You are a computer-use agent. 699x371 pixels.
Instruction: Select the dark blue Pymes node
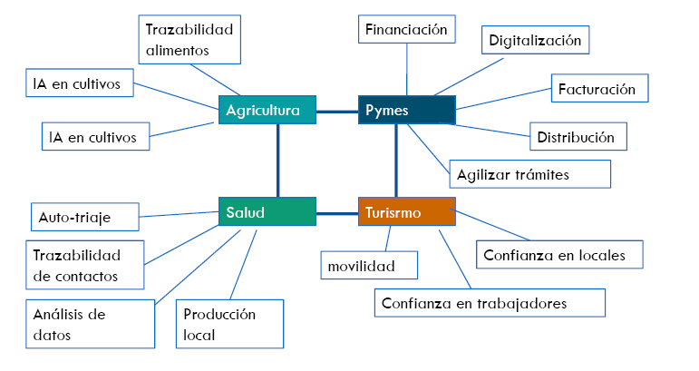(x=406, y=111)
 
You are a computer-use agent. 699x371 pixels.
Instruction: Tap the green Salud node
(x=267, y=213)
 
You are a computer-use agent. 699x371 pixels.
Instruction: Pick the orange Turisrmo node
(x=406, y=213)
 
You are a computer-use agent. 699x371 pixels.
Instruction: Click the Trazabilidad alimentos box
(x=190, y=39)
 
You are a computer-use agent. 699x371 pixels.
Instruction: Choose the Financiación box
(x=406, y=30)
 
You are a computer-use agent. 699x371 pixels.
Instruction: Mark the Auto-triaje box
(x=84, y=217)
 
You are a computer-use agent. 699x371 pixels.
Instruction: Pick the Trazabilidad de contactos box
(x=86, y=264)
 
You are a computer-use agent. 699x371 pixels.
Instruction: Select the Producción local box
(x=230, y=324)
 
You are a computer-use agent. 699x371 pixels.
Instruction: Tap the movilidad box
(x=370, y=266)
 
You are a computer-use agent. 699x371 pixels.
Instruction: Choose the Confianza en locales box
(x=560, y=255)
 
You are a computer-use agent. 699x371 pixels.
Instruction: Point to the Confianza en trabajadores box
(x=490, y=303)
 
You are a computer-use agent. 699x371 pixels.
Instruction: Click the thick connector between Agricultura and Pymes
(x=336, y=112)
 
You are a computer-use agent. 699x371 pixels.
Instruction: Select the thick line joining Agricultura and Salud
(x=278, y=160)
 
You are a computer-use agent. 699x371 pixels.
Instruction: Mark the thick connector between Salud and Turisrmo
(x=336, y=214)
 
